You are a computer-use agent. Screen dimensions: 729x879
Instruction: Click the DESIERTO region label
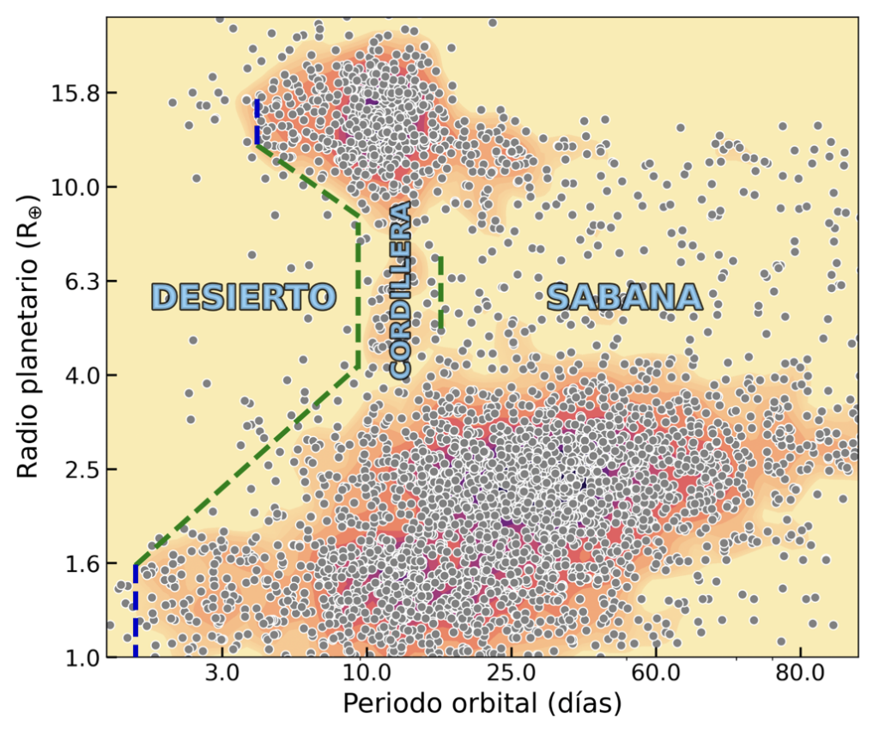243,297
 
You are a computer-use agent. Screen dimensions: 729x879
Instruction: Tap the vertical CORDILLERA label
401,291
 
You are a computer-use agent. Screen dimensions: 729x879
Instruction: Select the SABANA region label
624,297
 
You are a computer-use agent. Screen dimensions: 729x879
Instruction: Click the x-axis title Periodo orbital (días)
482,705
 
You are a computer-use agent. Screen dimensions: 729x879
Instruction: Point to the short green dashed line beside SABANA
441,292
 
